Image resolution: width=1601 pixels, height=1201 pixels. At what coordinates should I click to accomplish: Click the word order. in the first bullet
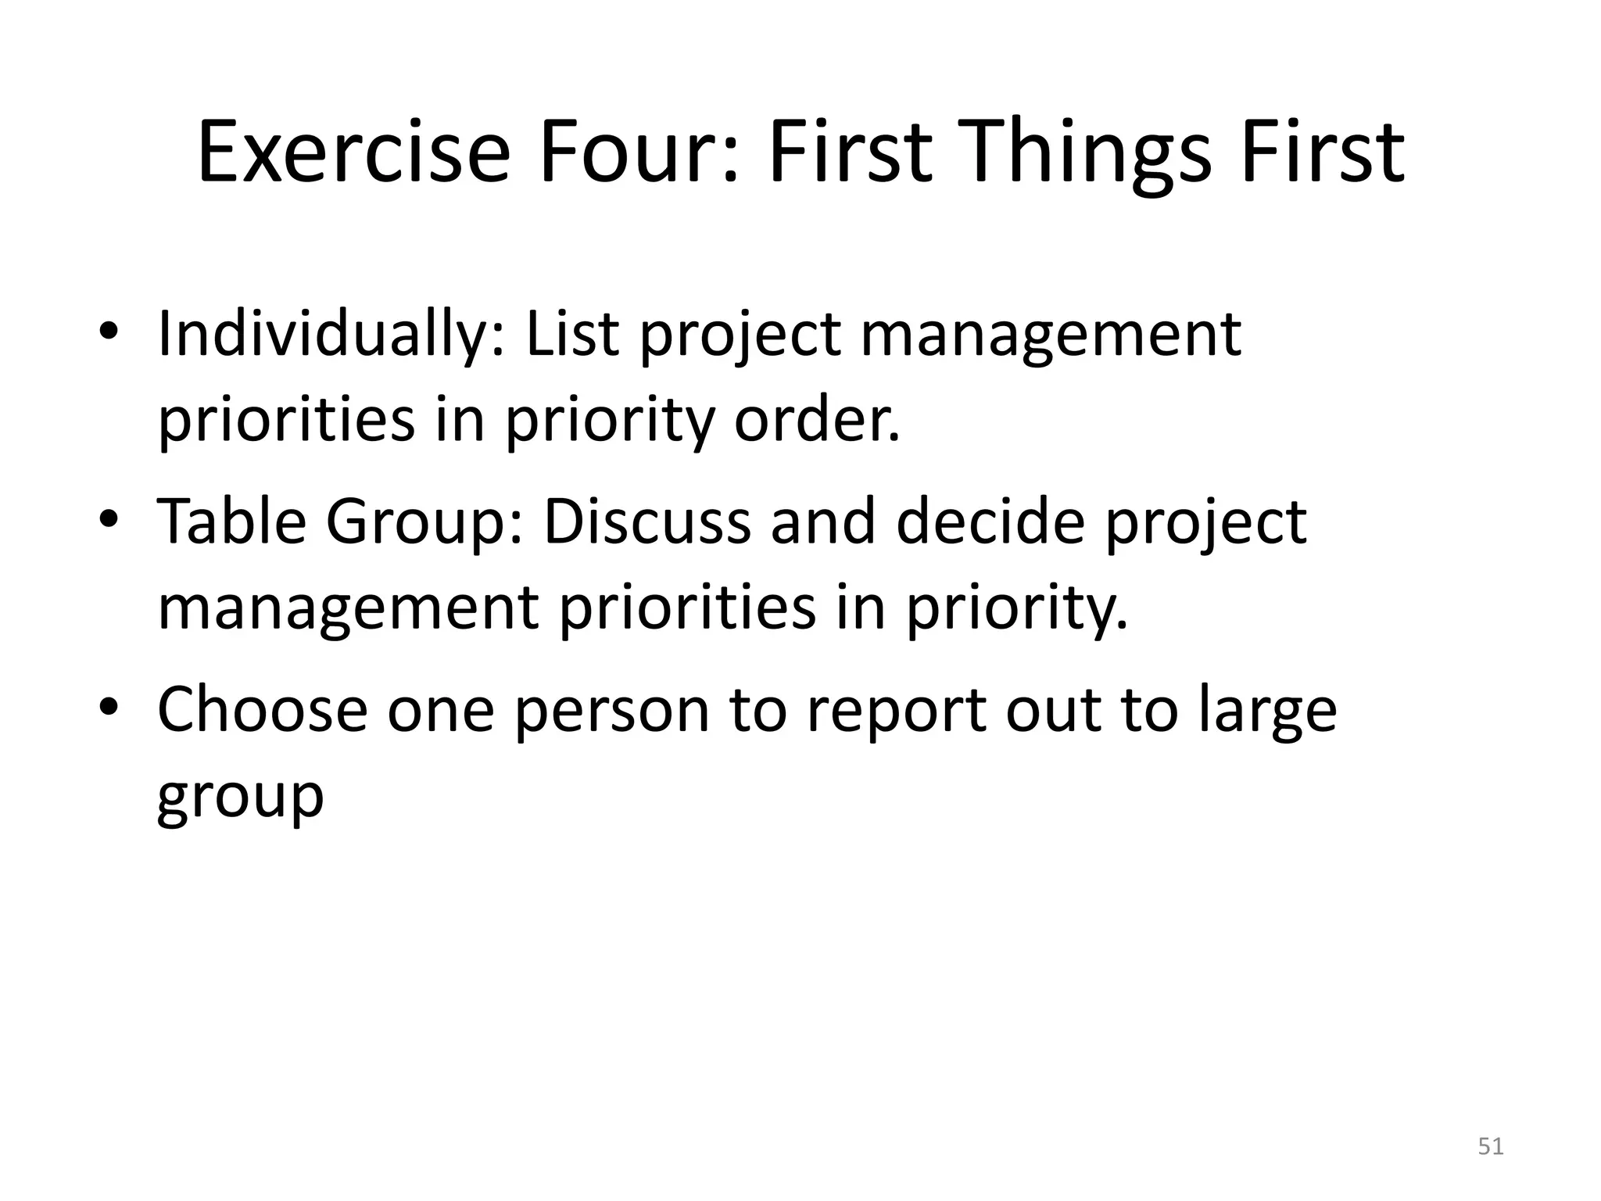tap(817, 420)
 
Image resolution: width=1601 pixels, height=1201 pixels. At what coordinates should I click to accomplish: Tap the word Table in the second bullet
tap(231, 522)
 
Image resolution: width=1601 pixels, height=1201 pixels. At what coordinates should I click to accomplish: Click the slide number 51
tap(1491, 1146)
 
